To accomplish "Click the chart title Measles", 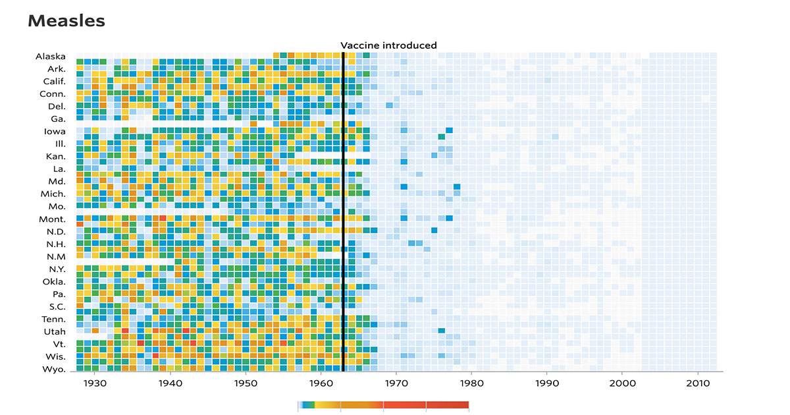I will click(x=66, y=21).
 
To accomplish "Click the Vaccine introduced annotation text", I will click(x=388, y=45).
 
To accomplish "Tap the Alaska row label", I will click(x=51, y=57).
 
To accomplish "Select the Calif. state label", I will click(x=52, y=82).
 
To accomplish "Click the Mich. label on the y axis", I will click(x=53, y=194).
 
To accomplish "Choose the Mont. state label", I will click(x=52, y=219).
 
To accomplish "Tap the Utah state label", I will click(x=54, y=331).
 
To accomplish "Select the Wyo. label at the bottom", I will click(x=53, y=370).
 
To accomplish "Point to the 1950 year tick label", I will click(x=246, y=383).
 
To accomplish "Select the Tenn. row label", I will click(x=53, y=319).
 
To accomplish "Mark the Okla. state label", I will click(x=53, y=282).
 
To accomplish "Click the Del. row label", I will click(x=56, y=107).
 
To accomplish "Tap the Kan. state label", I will click(x=55, y=157).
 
